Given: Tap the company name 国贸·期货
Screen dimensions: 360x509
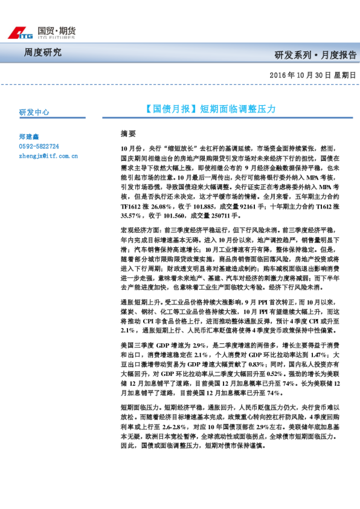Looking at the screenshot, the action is pyautogui.click(x=56, y=30).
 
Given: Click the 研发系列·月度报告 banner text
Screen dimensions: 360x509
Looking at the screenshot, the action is pyautogui.click(x=315, y=55).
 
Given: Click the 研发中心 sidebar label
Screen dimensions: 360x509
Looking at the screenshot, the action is pyautogui.click(x=34, y=112).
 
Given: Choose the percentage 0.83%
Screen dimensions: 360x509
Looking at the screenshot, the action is pyautogui.click(x=260, y=365).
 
